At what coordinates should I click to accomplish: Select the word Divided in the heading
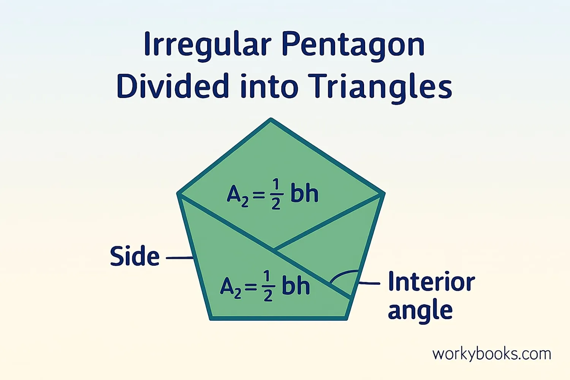click(173, 86)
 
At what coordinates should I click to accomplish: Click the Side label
click(135, 256)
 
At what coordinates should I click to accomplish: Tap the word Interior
click(432, 281)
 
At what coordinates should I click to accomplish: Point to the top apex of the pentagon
click(271, 119)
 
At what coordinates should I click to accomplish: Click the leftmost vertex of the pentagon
click(179, 194)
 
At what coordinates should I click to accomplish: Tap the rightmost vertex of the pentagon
click(383, 194)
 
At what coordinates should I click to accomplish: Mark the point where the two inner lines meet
click(275, 250)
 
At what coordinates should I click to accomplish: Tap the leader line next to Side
click(179, 258)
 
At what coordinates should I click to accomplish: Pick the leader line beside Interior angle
click(369, 283)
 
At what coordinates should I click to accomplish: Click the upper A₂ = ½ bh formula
click(272, 194)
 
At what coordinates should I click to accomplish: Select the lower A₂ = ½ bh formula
click(265, 286)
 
